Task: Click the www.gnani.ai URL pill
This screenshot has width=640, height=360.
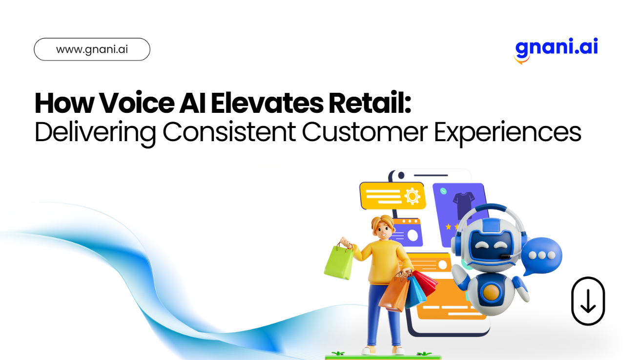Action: click(x=92, y=49)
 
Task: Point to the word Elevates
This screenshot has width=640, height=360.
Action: click(x=267, y=103)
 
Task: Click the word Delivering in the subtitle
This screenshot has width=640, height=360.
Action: click(x=95, y=132)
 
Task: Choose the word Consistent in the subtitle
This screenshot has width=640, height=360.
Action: click(x=229, y=132)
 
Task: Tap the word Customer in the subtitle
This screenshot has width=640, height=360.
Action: click(x=365, y=132)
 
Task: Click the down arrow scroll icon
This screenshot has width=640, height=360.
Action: click(x=588, y=301)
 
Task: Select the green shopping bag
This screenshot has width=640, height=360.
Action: click(x=339, y=262)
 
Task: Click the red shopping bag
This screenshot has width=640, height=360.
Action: click(x=425, y=283)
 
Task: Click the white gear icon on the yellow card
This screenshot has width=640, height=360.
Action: click(x=413, y=196)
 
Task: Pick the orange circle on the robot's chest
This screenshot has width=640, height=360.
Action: click(x=491, y=292)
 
